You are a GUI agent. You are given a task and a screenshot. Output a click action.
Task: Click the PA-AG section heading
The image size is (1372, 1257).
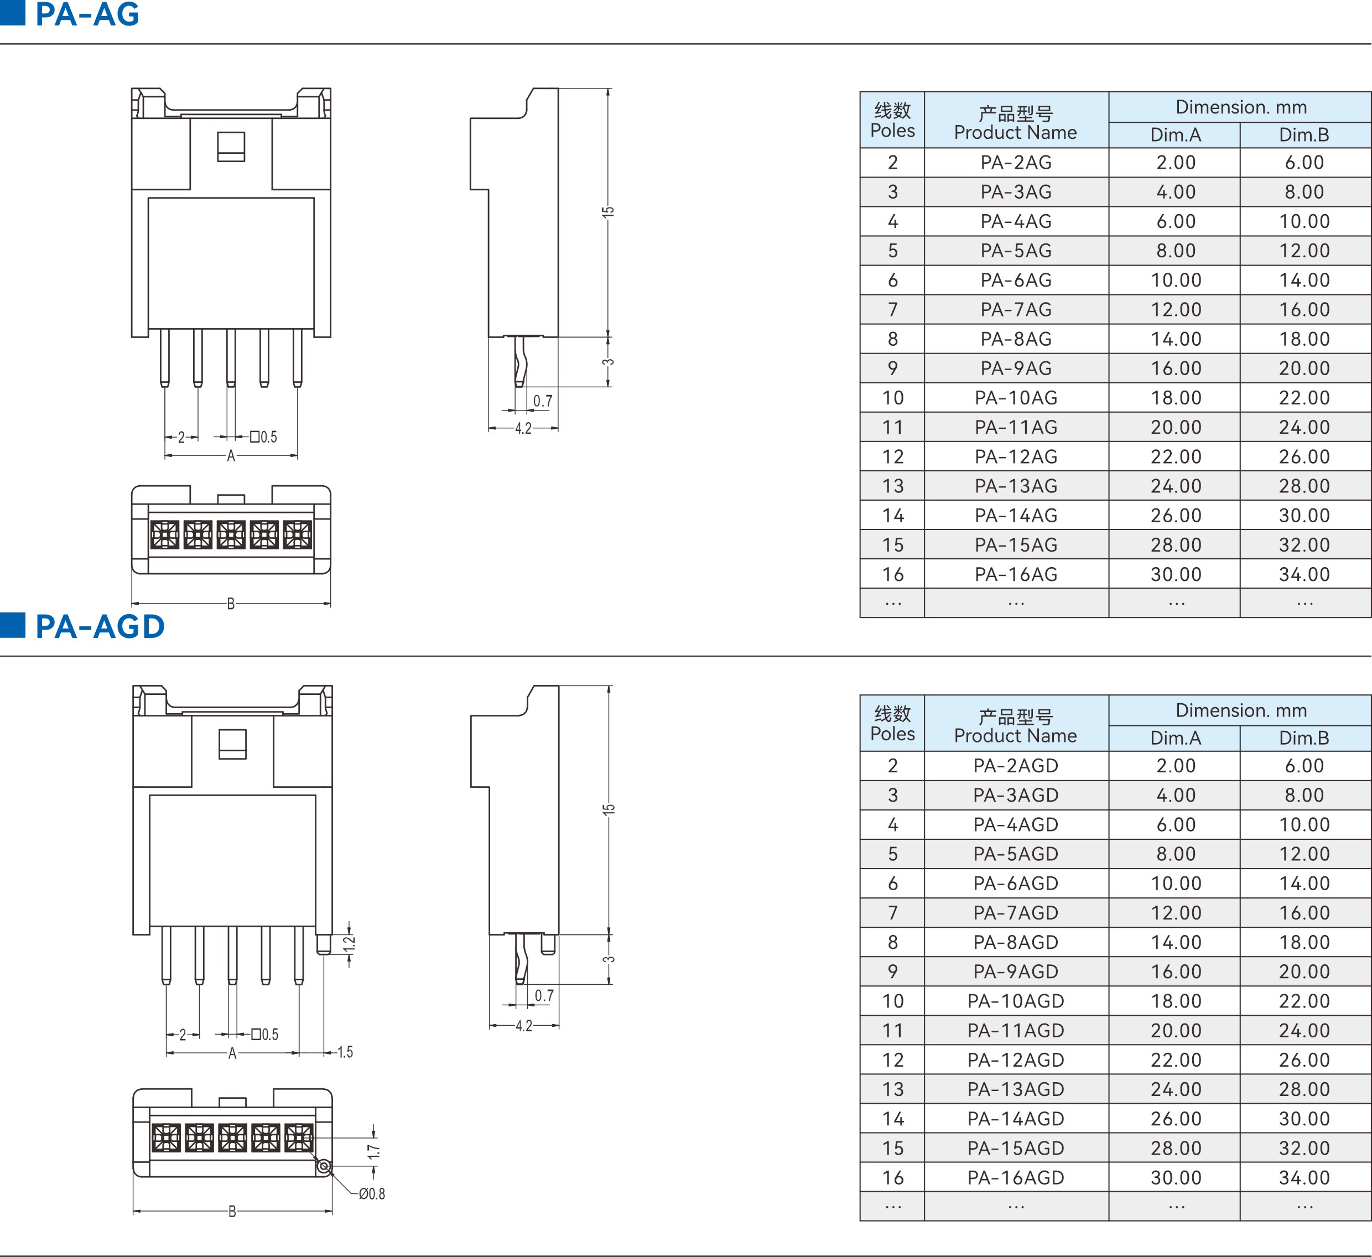[86, 14]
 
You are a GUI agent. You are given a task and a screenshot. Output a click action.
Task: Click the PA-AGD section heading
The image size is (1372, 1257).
[100, 626]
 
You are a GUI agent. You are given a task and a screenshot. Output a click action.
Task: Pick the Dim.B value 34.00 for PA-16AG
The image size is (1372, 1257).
[1304, 574]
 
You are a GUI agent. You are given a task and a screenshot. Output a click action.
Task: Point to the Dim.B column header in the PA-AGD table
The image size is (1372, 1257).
[1304, 737]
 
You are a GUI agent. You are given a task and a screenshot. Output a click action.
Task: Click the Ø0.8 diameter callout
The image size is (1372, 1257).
[372, 1194]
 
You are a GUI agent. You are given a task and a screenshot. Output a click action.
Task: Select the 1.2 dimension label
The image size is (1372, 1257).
[349, 944]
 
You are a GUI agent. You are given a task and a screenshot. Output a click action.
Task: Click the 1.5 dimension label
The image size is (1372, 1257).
[345, 1052]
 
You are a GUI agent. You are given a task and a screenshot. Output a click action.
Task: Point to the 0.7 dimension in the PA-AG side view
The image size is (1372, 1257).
[542, 401]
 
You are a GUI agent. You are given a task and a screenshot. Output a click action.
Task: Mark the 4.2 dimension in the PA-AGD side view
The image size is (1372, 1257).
[523, 1026]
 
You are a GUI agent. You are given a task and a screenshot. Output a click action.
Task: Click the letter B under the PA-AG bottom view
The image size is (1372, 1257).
[231, 604]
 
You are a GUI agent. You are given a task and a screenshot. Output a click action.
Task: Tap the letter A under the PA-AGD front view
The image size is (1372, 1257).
[232, 1053]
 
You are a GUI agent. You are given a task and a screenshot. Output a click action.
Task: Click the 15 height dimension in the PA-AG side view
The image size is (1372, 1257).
[608, 212]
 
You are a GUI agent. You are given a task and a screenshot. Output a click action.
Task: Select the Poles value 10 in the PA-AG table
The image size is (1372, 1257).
[892, 397]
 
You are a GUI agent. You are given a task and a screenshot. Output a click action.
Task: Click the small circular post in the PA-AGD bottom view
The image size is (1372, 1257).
[324, 1166]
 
